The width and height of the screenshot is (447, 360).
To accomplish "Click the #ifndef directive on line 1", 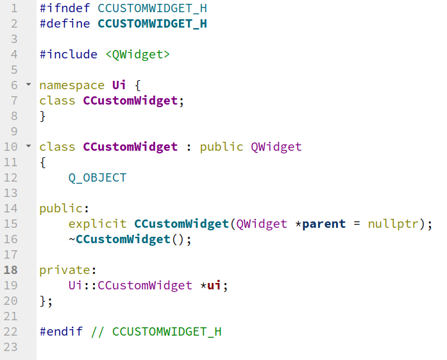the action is pos(65,9).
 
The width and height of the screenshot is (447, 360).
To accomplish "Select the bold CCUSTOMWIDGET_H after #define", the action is pos(152,24).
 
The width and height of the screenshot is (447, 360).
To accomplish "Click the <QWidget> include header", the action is pos(137,55).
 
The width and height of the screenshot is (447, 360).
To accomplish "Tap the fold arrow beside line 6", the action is pos(28,85).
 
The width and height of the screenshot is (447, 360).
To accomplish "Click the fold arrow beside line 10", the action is pos(28,146).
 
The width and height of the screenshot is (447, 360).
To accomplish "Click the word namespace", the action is pos(71,85).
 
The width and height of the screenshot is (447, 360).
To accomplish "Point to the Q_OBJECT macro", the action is pos(97,178).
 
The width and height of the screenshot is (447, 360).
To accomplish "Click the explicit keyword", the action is pos(97,224).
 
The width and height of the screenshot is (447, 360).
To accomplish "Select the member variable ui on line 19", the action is pos(214,286).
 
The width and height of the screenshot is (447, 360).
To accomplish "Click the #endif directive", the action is pos(61,332).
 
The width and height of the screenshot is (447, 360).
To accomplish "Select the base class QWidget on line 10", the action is pos(276,147).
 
